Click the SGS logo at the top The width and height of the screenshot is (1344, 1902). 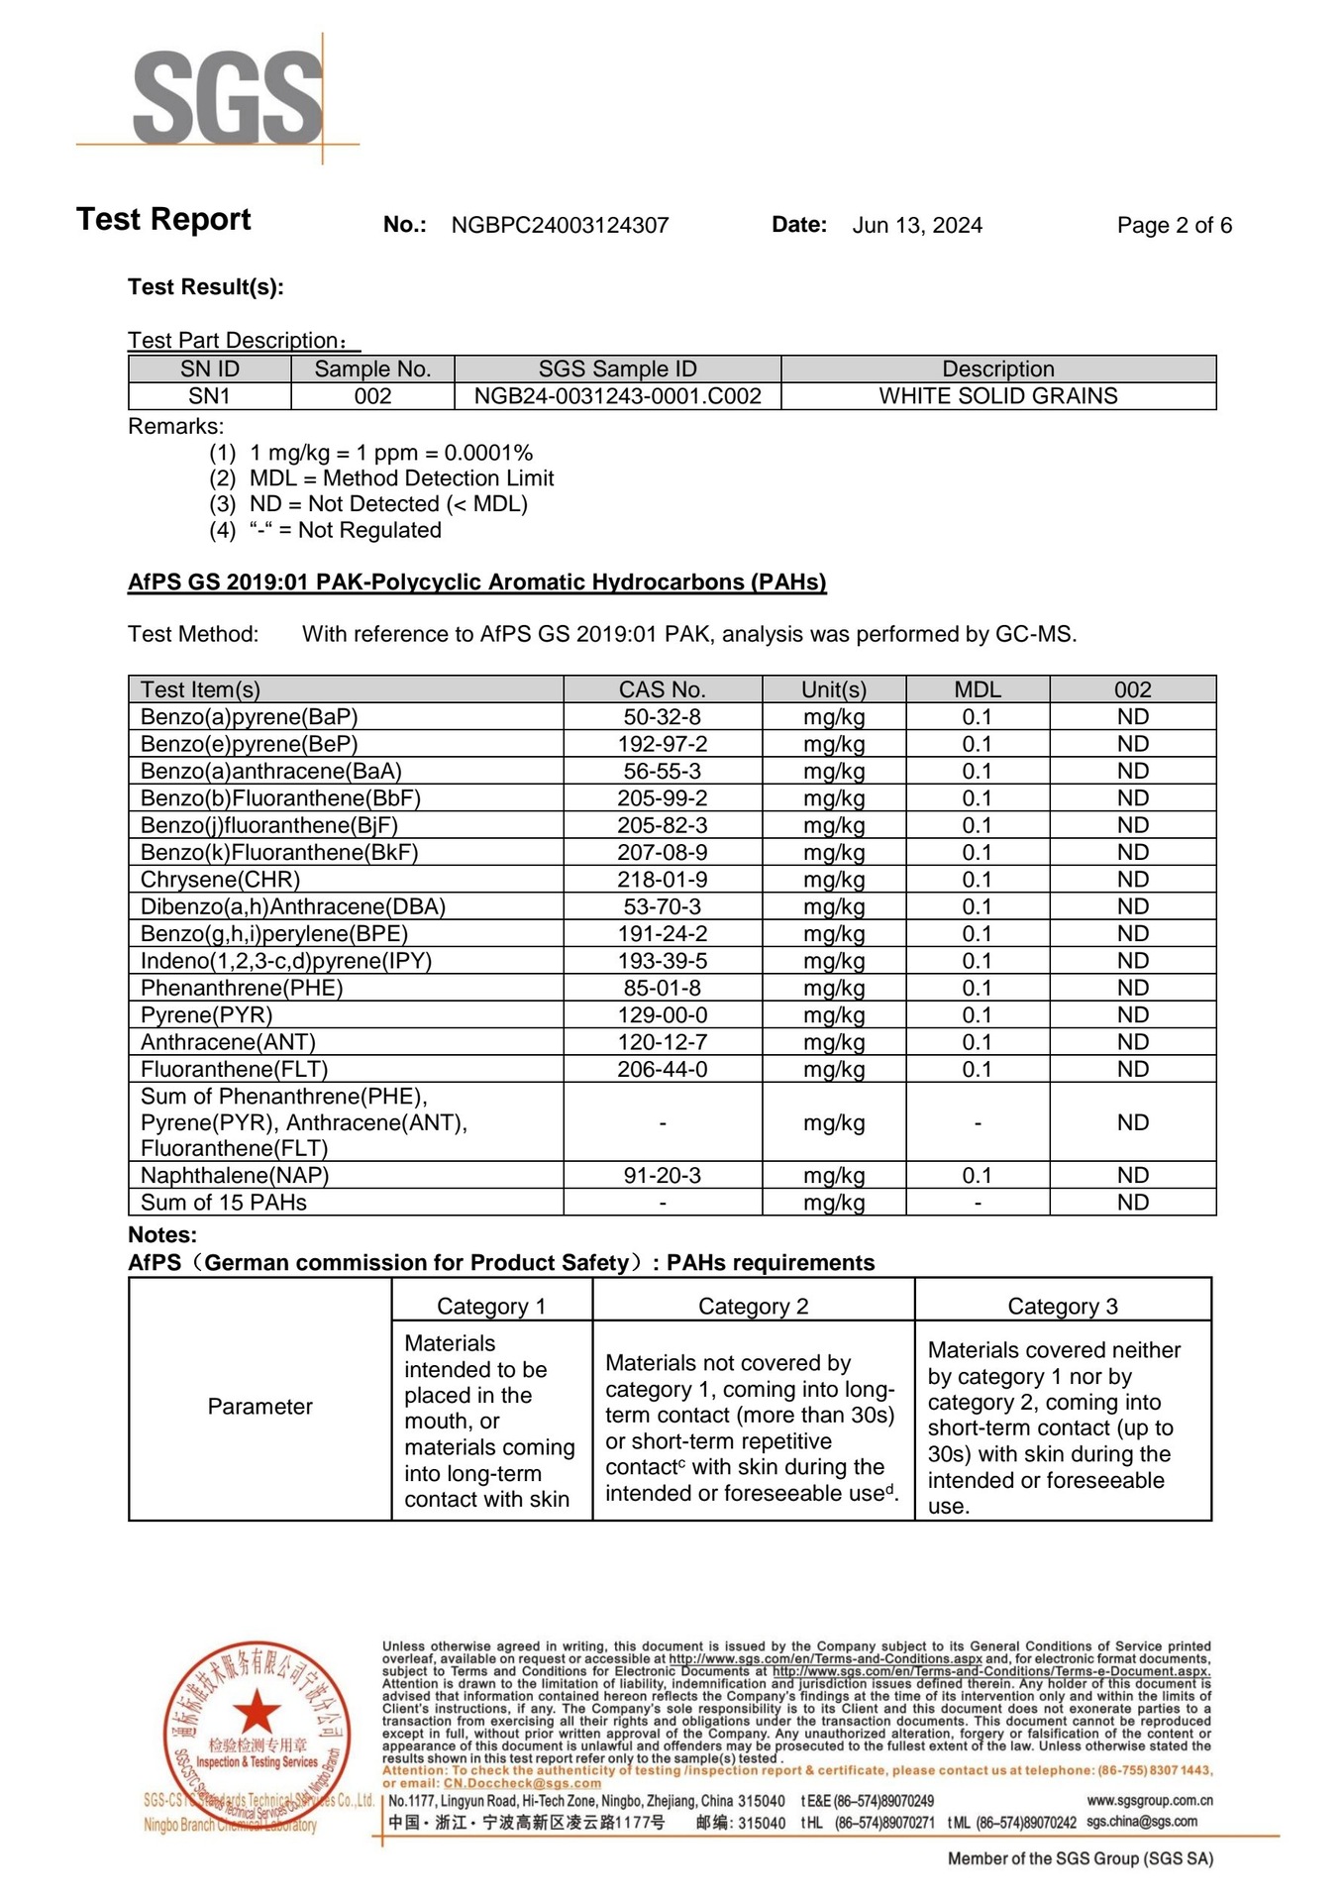[x=228, y=97]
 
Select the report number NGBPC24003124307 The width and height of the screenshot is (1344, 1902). [x=560, y=226]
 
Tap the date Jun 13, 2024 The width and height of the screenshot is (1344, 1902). [x=917, y=226]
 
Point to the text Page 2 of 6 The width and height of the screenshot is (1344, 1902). [x=1174, y=226]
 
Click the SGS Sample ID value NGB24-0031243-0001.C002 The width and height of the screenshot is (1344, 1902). [x=617, y=396]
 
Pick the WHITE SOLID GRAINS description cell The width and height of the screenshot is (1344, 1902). [x=997, y=396]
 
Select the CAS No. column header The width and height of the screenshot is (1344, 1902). [x=662, y=689]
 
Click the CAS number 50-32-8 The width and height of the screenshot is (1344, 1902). [x=662, y=717]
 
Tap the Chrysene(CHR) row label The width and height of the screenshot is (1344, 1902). [x=220, y=880]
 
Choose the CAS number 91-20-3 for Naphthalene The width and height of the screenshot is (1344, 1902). [x=662, y=1176]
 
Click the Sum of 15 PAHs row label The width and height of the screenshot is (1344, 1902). [x=224, y=1203]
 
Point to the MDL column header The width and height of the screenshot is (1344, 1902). [x=977, y=689]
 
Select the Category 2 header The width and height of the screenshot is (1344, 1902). [x=753, y=1307]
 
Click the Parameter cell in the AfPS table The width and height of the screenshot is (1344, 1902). [x=259, y=1407]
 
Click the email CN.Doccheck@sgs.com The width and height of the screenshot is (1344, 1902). [x=521, y=1783]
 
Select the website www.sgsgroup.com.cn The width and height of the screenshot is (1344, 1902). [x=1149, y=1801]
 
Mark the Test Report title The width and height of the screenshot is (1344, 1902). [x=163, y=220]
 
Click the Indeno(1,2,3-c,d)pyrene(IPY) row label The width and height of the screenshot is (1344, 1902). [x=285, y=961]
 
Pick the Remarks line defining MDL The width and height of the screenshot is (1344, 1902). [x=401, y=478]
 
